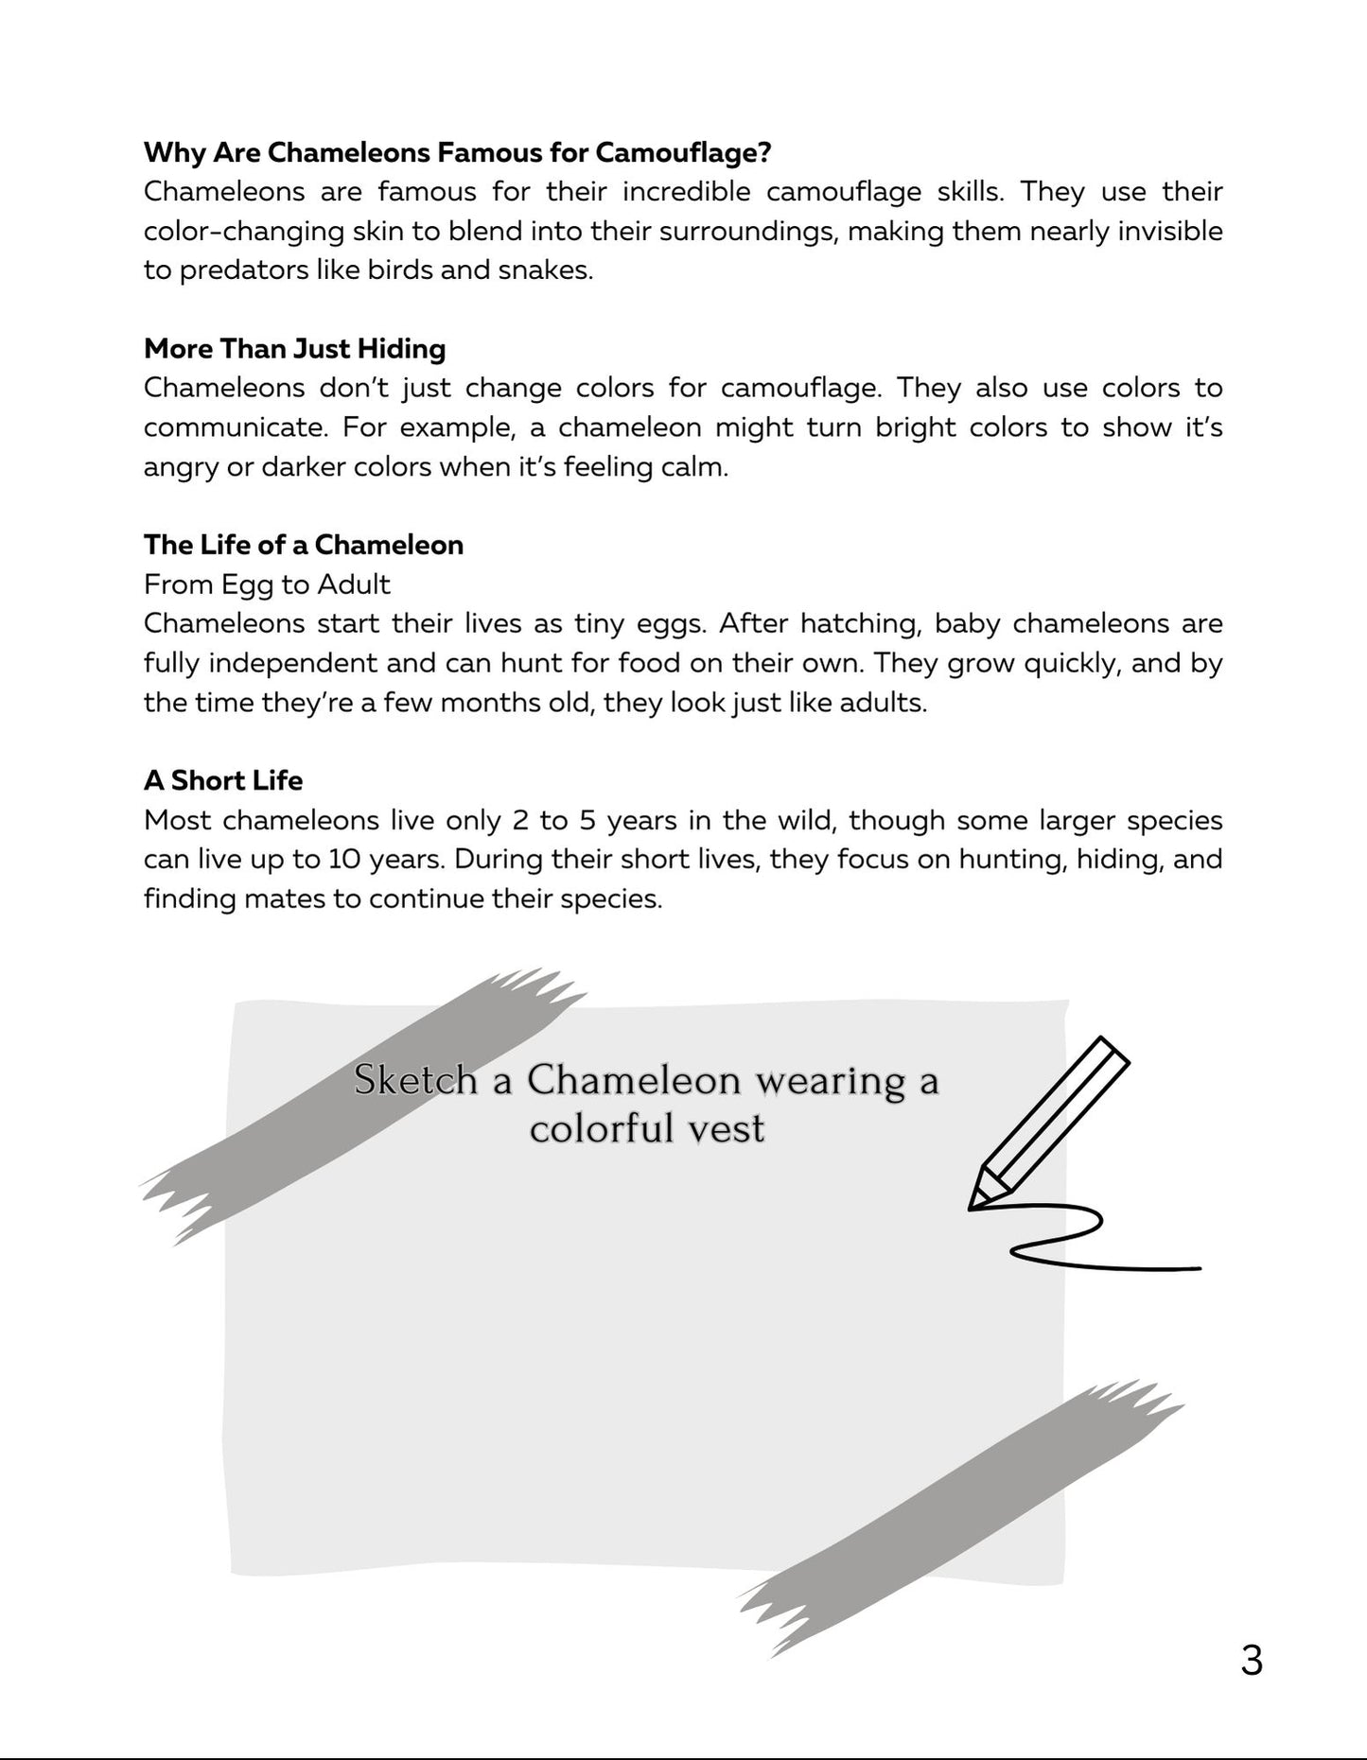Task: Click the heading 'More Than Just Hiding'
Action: pos(294,349)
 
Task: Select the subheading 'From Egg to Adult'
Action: pos(267,584)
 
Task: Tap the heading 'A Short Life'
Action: pos(223,780)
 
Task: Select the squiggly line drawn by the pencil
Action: pos(1088,1239)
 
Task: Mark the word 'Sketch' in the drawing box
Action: pos(415,1080)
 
